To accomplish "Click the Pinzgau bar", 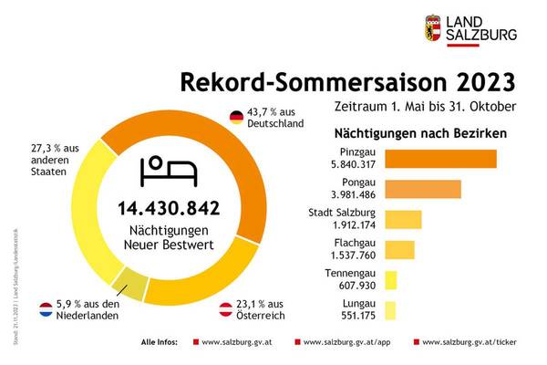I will pyautogui.click(x=440, y=159).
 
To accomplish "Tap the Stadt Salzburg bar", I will pyautogui.click(x=403, y=220).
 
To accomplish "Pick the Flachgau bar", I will pyautogui.click(x=399, y=250).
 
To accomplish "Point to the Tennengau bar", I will pyautogui.click(x=390, y=280).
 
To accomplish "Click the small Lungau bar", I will pyautogui.click(x=390, y=310).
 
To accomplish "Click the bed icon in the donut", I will pyautogui.click(x=170, y=170).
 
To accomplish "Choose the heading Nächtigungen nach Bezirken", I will pyautogui.click(x=422, y=133).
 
